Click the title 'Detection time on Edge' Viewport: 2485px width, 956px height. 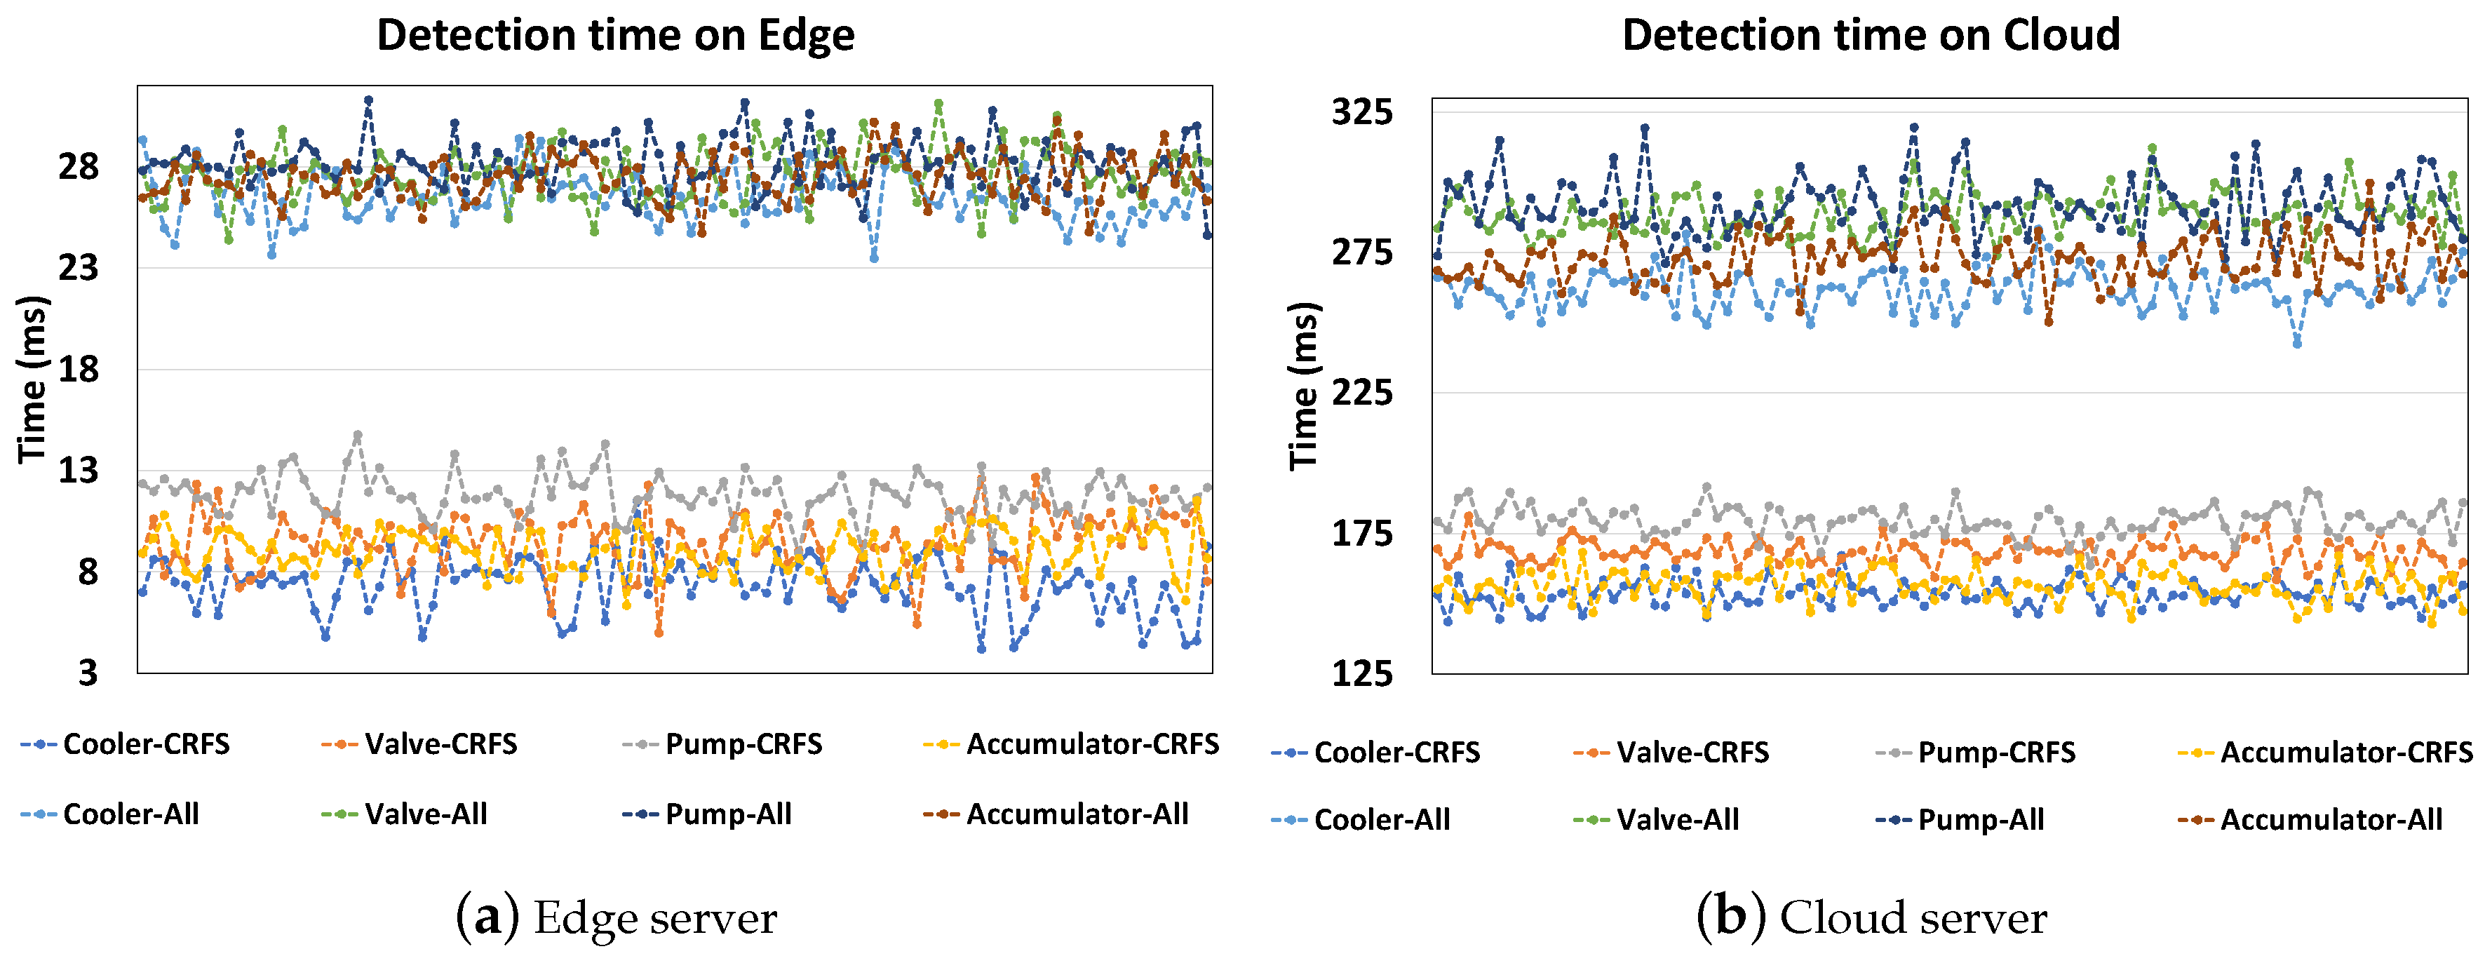(614, 36)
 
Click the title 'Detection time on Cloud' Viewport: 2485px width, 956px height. (1870, 36)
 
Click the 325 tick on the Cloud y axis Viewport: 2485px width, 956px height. (1362, 112)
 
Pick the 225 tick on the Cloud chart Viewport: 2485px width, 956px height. (1362, 393)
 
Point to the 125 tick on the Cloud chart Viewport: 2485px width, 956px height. (1362, 673)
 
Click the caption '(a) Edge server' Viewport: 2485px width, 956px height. (615, 917)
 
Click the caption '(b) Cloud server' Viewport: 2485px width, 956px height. (1871, 917)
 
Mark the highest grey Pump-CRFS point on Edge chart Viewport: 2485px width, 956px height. (358, 435)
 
